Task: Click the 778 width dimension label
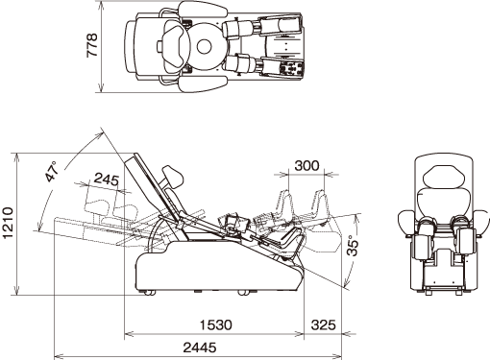tap(92, 45)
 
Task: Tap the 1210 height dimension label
tap(8, 223)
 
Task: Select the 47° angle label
tap(52, 172)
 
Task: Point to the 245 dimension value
tap(107, 180)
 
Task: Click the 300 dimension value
tap(306, 166)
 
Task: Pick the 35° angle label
tap(353, 246)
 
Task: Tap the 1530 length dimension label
tap(216, 325)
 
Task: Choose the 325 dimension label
tap(324, 325)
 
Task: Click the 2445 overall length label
tap(200, 348)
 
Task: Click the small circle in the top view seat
tap(205, 47)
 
